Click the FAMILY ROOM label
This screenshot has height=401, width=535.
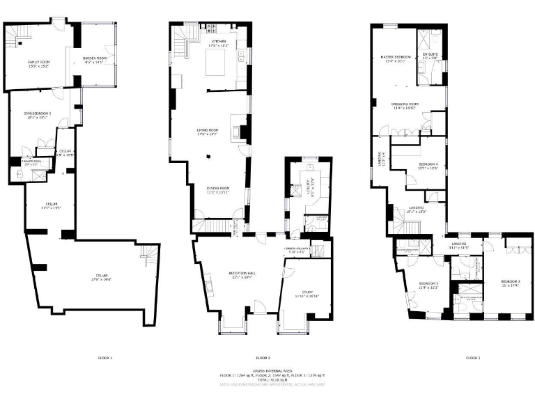38,63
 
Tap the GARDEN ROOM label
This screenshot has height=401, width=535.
95,58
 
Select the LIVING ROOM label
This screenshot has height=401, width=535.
208,129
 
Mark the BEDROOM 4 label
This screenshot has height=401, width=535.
427,164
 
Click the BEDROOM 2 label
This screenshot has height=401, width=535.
511,281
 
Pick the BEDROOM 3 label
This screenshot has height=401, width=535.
428,283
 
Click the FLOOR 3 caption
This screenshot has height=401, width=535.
473,358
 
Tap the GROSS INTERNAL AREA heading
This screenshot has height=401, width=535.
267,370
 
